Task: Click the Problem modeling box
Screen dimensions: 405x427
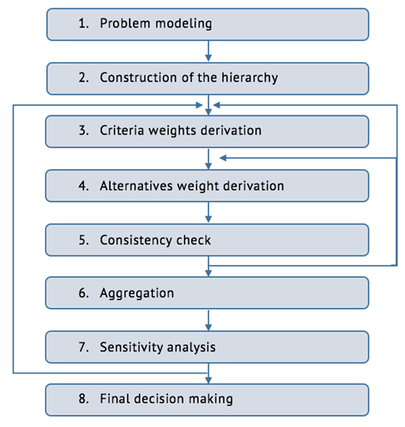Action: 208,24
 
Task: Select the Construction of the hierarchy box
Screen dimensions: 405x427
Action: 208,79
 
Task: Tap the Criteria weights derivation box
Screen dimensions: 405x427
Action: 207,131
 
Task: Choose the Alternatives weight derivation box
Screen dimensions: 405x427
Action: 207,186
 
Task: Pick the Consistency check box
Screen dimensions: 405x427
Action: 207,240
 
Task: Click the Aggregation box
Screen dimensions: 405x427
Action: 207,293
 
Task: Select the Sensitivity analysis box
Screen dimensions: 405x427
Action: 207,347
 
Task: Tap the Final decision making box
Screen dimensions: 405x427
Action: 207,400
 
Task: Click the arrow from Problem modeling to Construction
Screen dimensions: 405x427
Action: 209,52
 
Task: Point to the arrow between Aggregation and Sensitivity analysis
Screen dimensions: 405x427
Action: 209,320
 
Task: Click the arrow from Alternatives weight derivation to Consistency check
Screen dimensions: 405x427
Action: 209,212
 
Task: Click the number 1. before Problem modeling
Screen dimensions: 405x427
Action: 84,23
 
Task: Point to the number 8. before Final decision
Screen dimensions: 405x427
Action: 84,399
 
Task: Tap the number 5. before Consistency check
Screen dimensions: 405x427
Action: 84,240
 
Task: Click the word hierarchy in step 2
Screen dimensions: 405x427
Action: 249,78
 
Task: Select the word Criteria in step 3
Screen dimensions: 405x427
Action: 122,130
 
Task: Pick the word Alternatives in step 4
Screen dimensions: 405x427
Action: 136,186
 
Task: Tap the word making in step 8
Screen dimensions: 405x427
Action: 210,400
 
